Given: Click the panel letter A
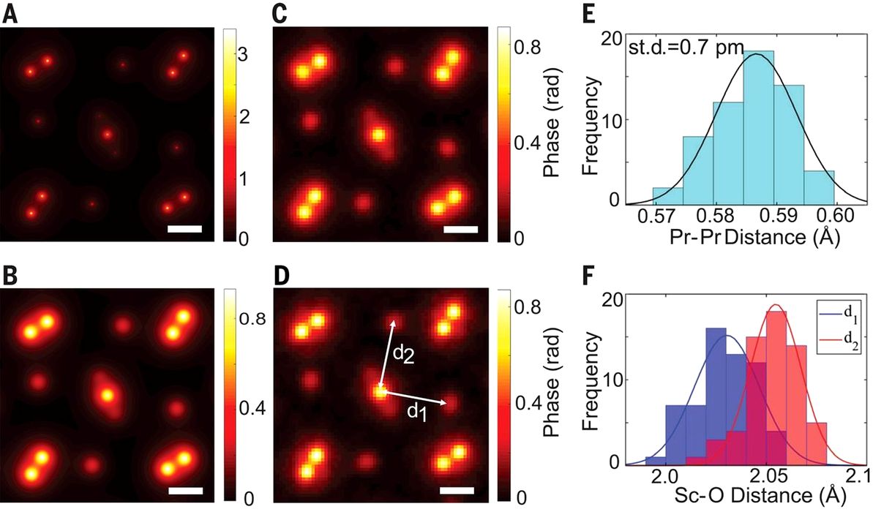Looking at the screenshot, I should (10, 15).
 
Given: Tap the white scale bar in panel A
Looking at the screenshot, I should (184, 230).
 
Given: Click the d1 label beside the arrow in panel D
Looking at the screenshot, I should (416, 412).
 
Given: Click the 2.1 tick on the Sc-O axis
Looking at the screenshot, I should (851, 475).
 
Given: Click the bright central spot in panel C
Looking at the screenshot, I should (378, 134).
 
